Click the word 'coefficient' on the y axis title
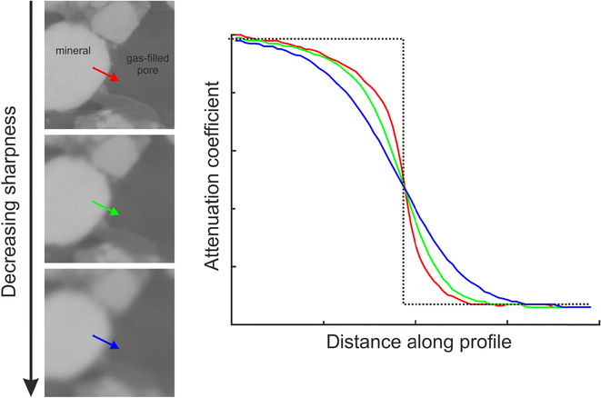tap(212, 121)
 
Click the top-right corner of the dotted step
tap(403, 39)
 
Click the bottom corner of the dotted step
tap(403, 304)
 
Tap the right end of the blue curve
tap(590, 308)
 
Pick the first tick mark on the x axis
tap(324, 322)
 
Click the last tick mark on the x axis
tap(507, 322)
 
